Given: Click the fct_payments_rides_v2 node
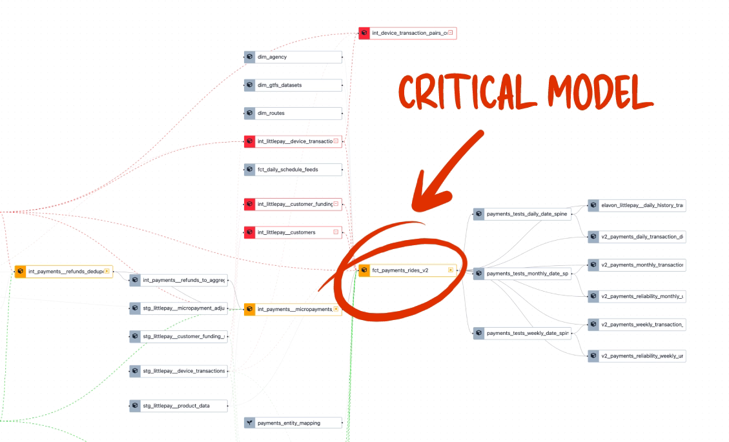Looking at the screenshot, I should pos(407,270).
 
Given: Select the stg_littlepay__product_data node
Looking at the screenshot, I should pos(178,406).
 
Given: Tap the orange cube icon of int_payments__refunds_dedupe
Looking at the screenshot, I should pos(20,272).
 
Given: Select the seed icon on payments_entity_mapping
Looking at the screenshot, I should pos(250,423).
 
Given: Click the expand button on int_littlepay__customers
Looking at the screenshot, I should pos(336,232).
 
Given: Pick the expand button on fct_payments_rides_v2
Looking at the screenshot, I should pos(451,270).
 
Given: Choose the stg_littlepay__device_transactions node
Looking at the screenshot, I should pos(178,371).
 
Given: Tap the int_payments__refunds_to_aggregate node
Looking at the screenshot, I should pos(178,280).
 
